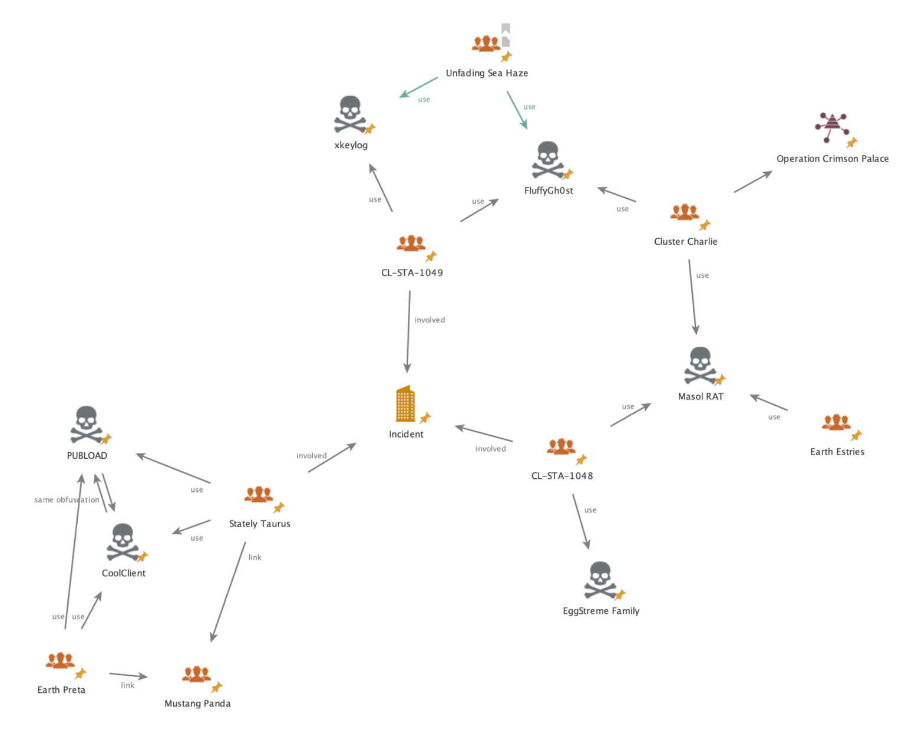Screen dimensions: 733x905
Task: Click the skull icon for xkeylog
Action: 350,114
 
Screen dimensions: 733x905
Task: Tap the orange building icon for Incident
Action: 405,404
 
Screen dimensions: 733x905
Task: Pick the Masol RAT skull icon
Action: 699,365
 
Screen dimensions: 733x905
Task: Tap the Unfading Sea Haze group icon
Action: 486,44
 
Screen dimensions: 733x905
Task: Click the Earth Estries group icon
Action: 836,423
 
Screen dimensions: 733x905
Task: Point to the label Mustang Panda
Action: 197,704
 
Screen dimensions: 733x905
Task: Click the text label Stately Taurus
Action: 259,524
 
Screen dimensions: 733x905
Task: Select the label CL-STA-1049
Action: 412,272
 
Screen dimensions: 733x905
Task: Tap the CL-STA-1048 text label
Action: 562,475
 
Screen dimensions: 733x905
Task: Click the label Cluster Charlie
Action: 686,241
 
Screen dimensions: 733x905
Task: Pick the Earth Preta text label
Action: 61,690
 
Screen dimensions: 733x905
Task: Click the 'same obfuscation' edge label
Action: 67,499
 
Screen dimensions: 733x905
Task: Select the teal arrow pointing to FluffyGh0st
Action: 517,110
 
